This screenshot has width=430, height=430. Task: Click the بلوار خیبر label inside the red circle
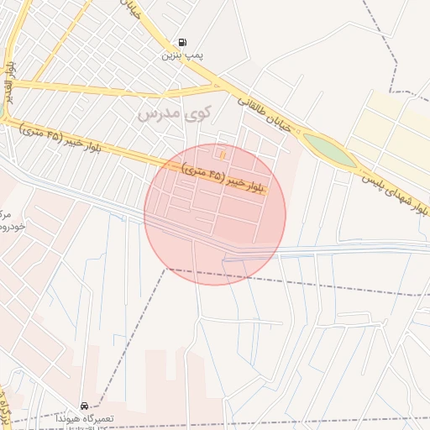coord(223,180)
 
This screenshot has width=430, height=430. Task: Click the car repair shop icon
coord(83,406)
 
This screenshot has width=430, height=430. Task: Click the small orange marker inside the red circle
coord(223,155)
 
